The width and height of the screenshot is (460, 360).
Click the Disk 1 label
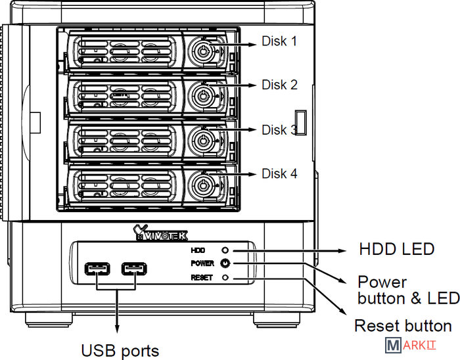tap(279, 41)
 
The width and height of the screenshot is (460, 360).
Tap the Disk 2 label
tap(279, 85)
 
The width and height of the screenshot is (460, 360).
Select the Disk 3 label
tap(279, 129)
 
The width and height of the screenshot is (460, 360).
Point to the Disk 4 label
tap(279, 173)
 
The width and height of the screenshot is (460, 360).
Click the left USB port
tap(97, 269)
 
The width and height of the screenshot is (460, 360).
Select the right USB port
tap(135, 269)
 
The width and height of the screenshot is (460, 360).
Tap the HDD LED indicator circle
tap(225, 250)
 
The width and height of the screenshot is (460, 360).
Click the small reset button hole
tap(225, 277)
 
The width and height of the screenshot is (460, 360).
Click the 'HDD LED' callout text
tap(396, 250)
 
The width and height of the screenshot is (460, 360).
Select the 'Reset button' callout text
tap(403, 326)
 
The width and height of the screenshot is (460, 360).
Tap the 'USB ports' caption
tap(120, 350)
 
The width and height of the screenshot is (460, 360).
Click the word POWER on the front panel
tap(202, 263)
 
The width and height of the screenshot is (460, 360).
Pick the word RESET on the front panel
tap(201, 277)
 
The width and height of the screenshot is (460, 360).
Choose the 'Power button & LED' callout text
tap(408, 290)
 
